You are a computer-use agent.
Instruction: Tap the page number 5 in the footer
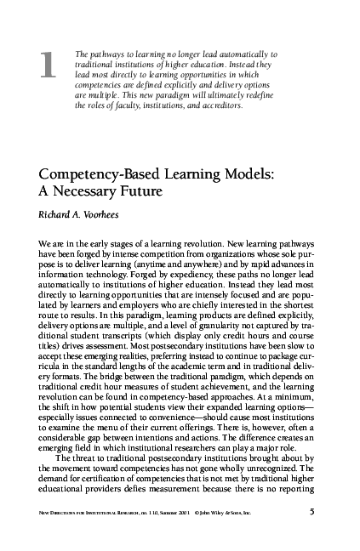313,537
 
